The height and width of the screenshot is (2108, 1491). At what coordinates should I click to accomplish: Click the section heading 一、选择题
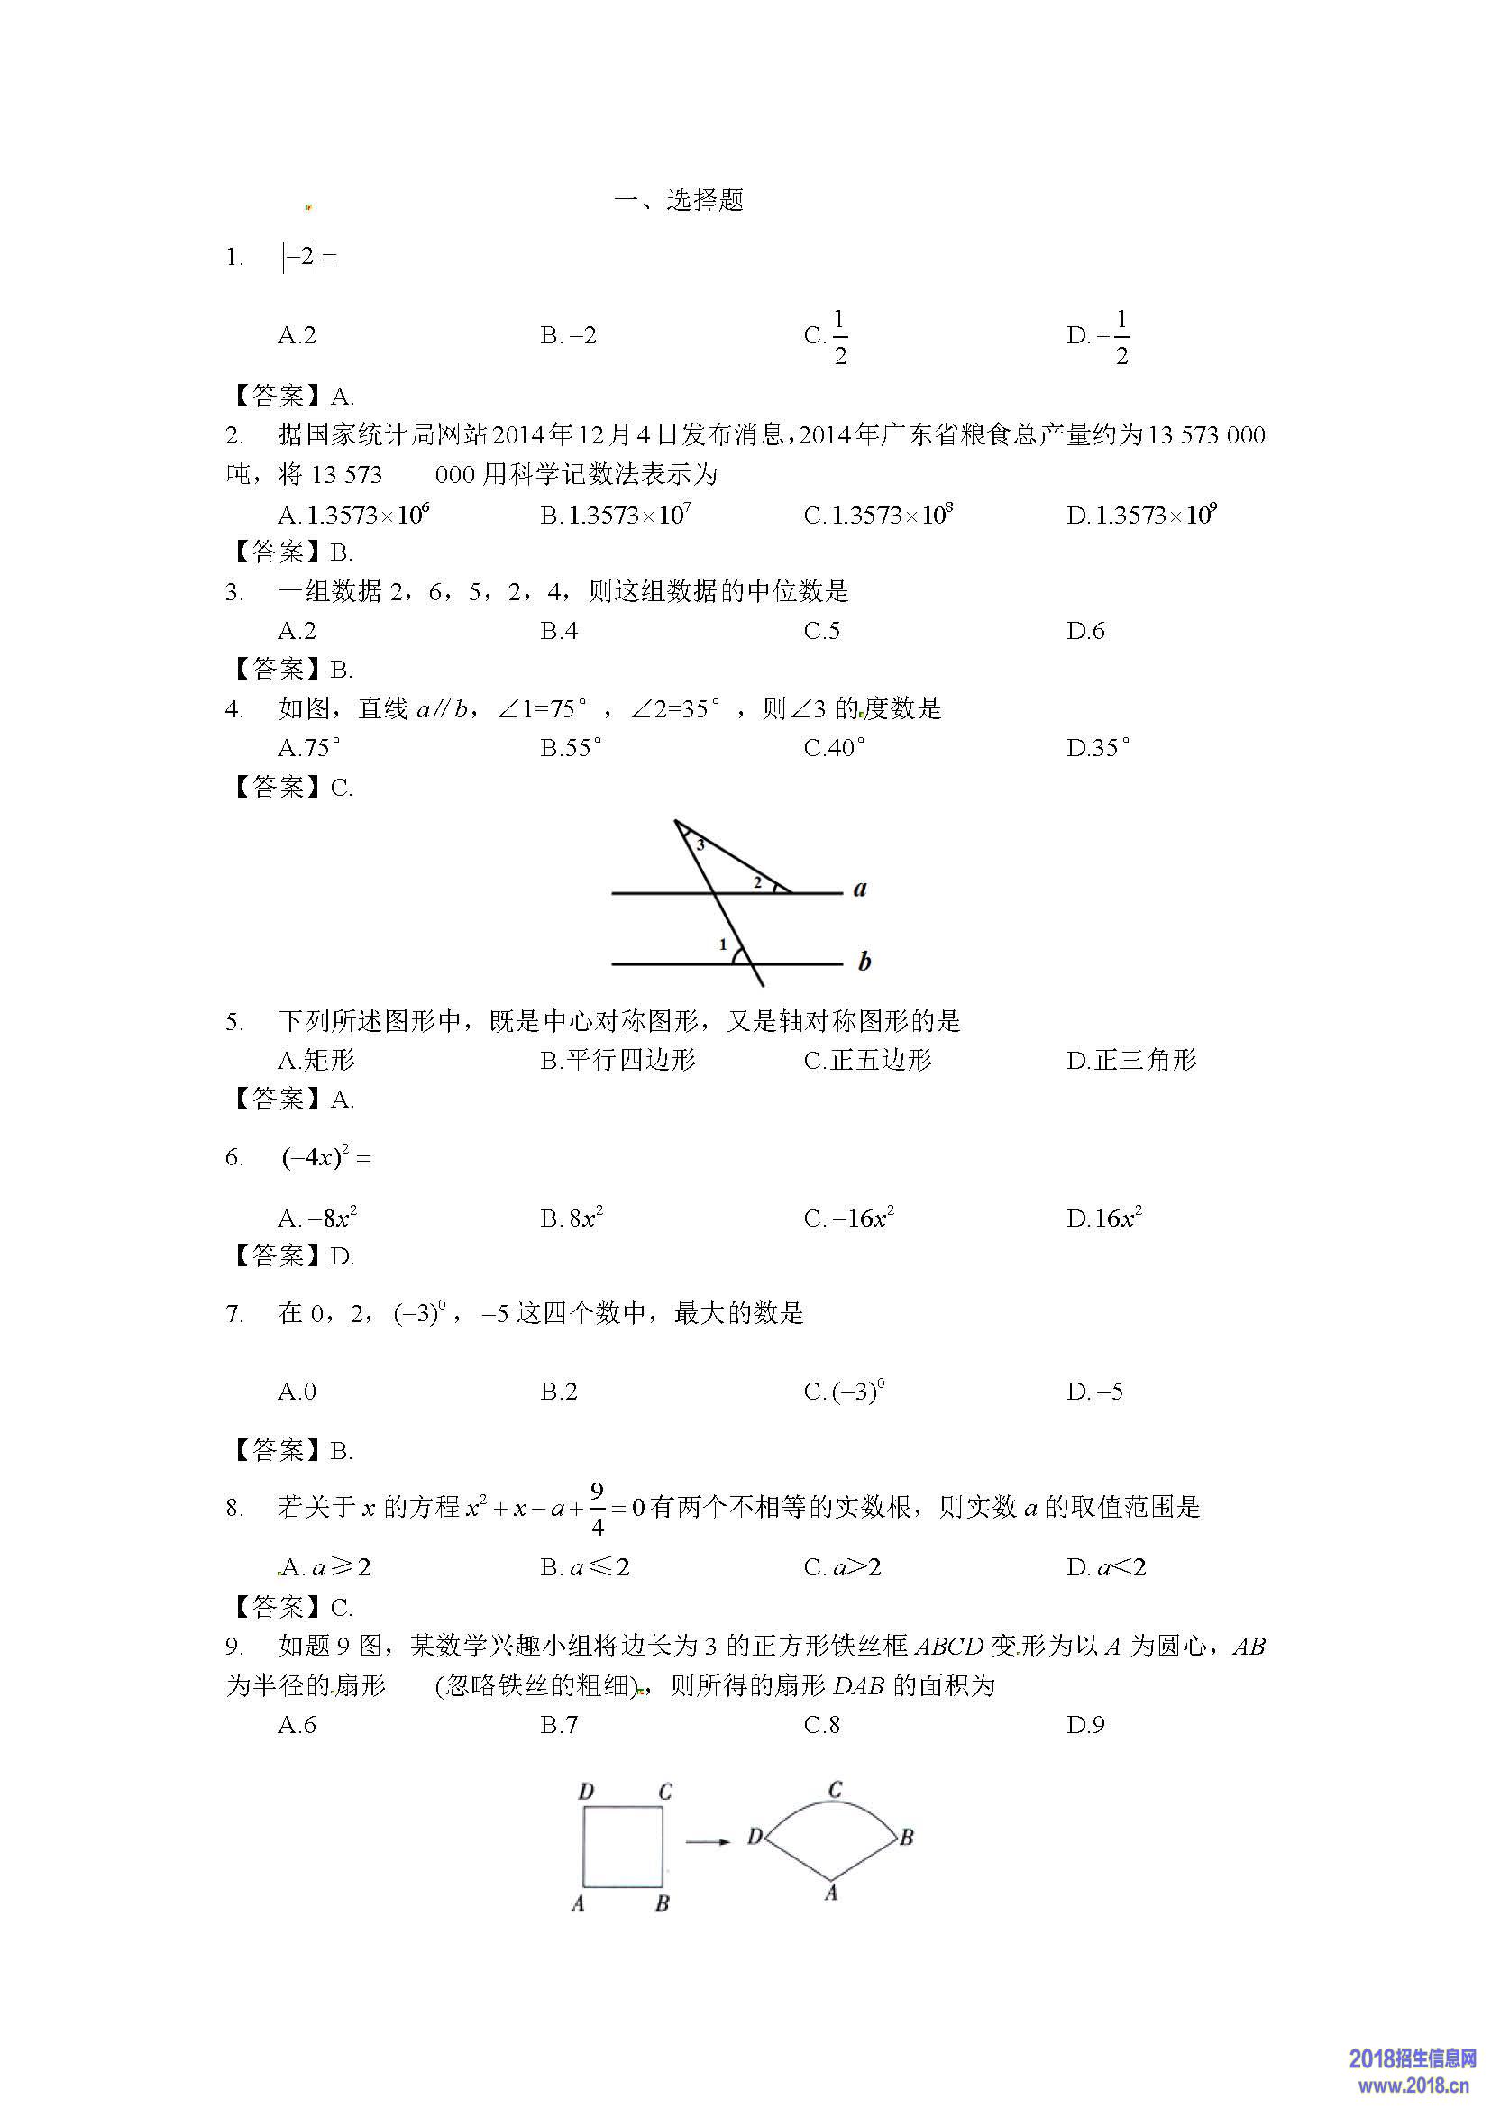(x=679, y=200)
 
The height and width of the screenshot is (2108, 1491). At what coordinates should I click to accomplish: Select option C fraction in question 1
(x=828, y=336)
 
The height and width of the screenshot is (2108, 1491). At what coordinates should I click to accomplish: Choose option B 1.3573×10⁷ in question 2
(x=615, y=516)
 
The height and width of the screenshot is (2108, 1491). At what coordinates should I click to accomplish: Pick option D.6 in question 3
(x=1085, y=631)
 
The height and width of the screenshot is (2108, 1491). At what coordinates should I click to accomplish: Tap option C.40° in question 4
(x=834, y=748)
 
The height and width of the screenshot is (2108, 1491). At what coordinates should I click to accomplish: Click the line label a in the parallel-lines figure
(x=860, y=889)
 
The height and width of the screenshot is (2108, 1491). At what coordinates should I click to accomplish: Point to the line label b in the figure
(x=864, y=962)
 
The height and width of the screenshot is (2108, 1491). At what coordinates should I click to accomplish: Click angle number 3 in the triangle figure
(x=700, y=844)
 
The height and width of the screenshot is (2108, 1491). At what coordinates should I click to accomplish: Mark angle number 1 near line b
(x=723, y=944)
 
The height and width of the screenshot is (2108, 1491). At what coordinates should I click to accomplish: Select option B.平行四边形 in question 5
(x=617, y=1061)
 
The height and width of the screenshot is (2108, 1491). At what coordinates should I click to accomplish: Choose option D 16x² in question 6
(x=1104, y=1218)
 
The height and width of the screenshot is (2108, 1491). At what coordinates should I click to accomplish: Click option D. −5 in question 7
(x=1094, y=1392)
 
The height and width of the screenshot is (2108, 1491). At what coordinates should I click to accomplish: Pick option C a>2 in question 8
(x=842, y=1568)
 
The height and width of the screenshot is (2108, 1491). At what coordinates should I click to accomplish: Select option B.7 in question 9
(x=559, y=1725)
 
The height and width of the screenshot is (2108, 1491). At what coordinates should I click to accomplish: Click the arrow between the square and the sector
(x=708, y=1841)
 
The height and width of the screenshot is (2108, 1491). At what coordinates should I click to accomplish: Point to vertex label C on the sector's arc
(x=835, y=1790)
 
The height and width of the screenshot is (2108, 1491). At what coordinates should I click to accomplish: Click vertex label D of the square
(x=587, y=1792)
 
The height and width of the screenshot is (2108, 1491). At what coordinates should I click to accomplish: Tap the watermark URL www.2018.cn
(x=1413, y=2085)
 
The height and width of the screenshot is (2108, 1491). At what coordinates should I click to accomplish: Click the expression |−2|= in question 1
(x=309, y=257)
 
